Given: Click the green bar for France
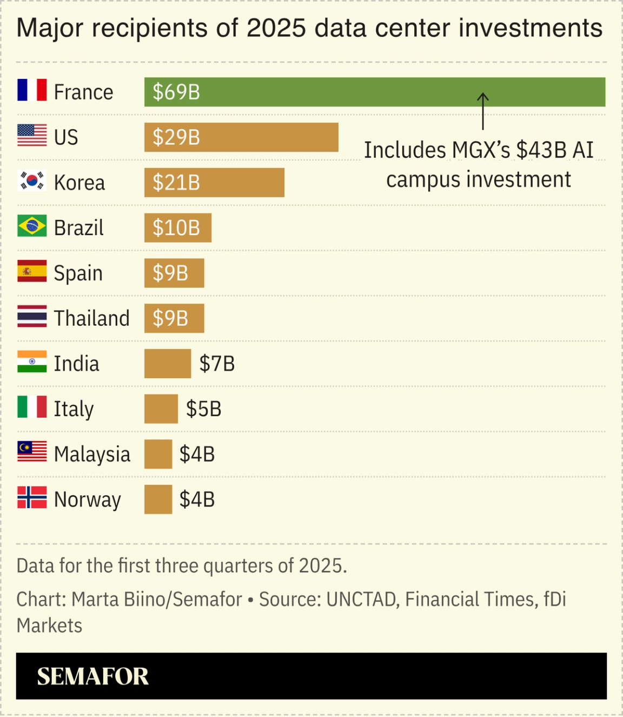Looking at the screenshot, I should pos(374,92).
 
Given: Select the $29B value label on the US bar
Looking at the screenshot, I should pos(176,137).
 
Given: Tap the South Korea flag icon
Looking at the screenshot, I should pos(32,180).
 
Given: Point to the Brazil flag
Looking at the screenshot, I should pos(32,226).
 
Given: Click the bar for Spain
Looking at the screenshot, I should pos(174,273).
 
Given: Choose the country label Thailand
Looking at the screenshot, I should pos(91,318).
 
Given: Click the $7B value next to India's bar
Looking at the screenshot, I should pos(217,364).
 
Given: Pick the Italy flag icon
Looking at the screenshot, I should pos(32,407).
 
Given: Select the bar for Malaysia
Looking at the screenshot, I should pos(158,454).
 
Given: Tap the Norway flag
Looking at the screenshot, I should pos(32,497).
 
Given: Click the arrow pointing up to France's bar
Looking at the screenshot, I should pos(482,111).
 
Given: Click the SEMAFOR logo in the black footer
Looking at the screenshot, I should pos(92,676).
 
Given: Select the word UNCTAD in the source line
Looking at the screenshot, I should pos(361,600).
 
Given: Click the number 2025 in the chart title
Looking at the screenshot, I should pos(276,28).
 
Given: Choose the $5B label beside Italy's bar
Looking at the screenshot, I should pos(203,409).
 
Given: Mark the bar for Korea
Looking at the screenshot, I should pos(214,182).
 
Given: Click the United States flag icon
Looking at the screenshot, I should pos(32,135).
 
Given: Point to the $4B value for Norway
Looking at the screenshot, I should pos(197,499).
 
